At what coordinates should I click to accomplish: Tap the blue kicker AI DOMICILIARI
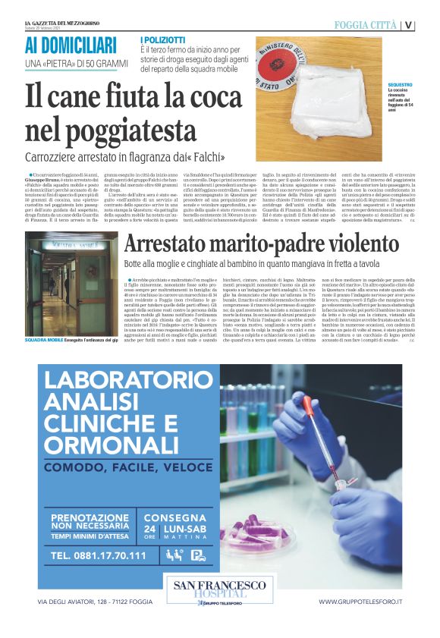(x=71, y=45)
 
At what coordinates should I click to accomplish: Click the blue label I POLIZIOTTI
(x=163, y=39)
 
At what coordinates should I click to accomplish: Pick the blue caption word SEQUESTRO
(x=400, y=85)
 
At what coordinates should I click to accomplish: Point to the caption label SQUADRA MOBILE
(x=43, y=341)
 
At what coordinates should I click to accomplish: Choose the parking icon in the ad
(x=197, y=555)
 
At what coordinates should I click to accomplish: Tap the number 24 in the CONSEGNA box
(x=150, y=528)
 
